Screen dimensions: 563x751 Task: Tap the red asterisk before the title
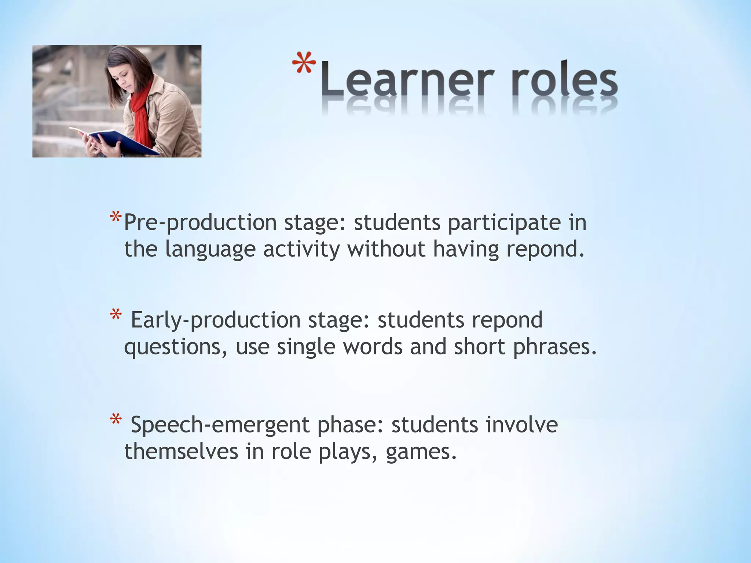click(x=304, y=63)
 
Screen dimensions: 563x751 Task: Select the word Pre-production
click(x=200, y=223)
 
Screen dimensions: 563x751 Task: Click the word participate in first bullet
click(x=504, y=223)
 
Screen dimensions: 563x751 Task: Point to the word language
click(x=210, y=250)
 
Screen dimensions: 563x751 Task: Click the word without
click(x=386, y=249)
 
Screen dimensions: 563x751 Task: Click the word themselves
click(x=181, y=451)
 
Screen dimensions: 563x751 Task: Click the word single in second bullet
click(x=306, y=347)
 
